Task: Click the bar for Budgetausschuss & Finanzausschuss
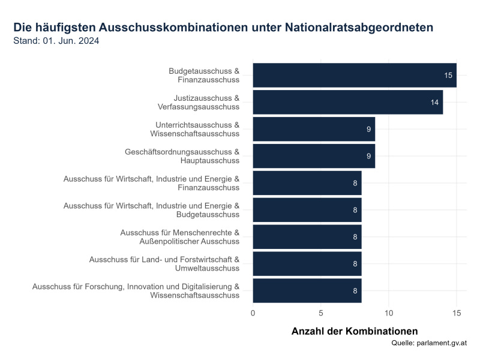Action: pos(354,75)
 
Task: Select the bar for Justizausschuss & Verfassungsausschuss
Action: pos(347,102)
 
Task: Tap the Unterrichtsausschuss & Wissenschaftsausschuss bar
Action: pos(313,129)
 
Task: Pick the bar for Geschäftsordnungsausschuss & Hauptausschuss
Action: pos(313,156)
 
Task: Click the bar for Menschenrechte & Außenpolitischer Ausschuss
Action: pos(307,236)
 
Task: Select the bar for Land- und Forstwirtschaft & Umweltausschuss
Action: pos(307,263)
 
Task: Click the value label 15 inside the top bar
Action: pos(448,76)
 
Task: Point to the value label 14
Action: pos(434,103)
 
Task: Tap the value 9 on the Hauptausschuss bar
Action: pos(368,156)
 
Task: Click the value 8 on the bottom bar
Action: pos(355,290)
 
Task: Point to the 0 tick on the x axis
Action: pos(253,313)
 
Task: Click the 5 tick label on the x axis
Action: pos(321,313)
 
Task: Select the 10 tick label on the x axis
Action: pos(389,313)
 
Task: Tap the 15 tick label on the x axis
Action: pos(457,313)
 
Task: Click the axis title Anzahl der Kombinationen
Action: pos(354,331)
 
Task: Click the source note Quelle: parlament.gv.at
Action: pos(428,343)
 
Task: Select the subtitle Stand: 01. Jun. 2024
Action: pos(56,41)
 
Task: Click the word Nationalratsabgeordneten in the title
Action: pos(359,28)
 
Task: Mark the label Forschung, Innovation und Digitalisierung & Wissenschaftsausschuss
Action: pos(136,290)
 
